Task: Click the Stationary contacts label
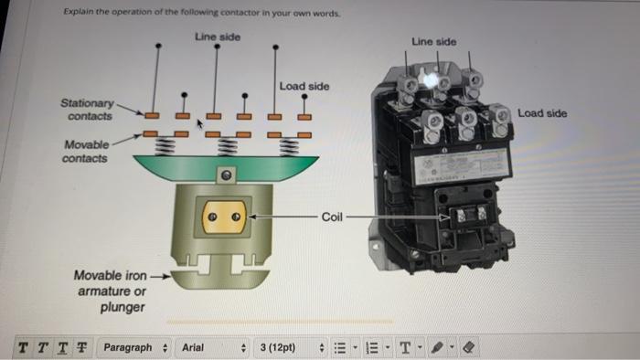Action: [88, 110]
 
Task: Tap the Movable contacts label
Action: [86, 151]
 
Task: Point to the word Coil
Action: [333, 217]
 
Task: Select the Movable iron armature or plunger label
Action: [110, 291]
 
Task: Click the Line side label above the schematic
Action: [218, 36]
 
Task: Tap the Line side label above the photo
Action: [434, 42]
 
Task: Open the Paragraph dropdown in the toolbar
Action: [134, 347]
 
